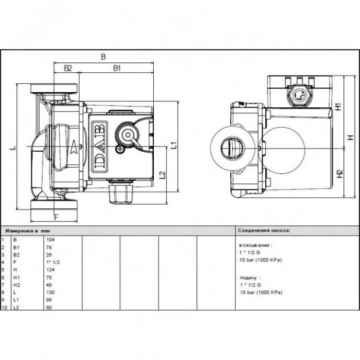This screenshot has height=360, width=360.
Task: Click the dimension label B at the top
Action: tap(103, 57)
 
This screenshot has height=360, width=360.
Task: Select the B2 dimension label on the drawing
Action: tap(68, 68)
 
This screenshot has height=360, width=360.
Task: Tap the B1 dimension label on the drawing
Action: tap(117, 68)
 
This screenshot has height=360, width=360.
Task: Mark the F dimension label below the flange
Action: tap(56, 218)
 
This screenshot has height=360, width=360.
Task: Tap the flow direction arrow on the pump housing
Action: tap(71, 146)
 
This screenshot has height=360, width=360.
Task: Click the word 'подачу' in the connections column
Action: tap(247, 275)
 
